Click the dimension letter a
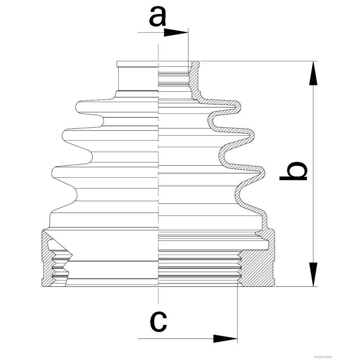(x=157, y=18)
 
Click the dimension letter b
(x=293, y=172)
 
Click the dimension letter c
(x=157, y=320)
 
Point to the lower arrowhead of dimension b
(x=313, y=274)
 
